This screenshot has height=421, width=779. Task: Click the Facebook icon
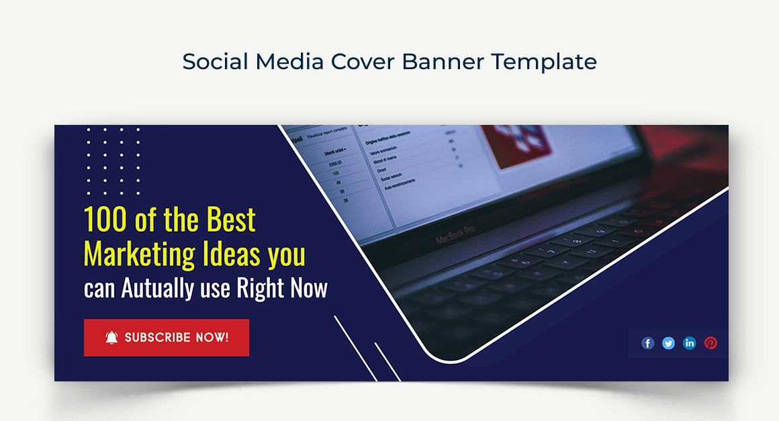pyautogui.click(x=648, y=343)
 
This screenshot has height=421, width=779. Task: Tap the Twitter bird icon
pyautogui.click(x=669, y=343)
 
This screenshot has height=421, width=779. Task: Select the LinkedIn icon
pyautogui.click(x=690, y=343)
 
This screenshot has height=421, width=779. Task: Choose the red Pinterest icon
pyautogui.click(x=711, y=343)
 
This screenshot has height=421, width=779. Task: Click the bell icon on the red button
pyautogui.click(x=111, y=338)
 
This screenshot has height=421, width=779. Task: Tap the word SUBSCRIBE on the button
pyautogui.click(x=158, y=338)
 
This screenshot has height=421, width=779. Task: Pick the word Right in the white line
pyautogui.click(x=252, y=289)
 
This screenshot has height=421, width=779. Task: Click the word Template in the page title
pyautogui.click(x=543, y=62)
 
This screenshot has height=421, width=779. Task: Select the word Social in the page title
pyautogui.click(x=216, y=62)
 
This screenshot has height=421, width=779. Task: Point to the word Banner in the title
pyautogui.click(x=443, y=62)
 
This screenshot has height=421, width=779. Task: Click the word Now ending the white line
pyautogui.click(x=309, y=289)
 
